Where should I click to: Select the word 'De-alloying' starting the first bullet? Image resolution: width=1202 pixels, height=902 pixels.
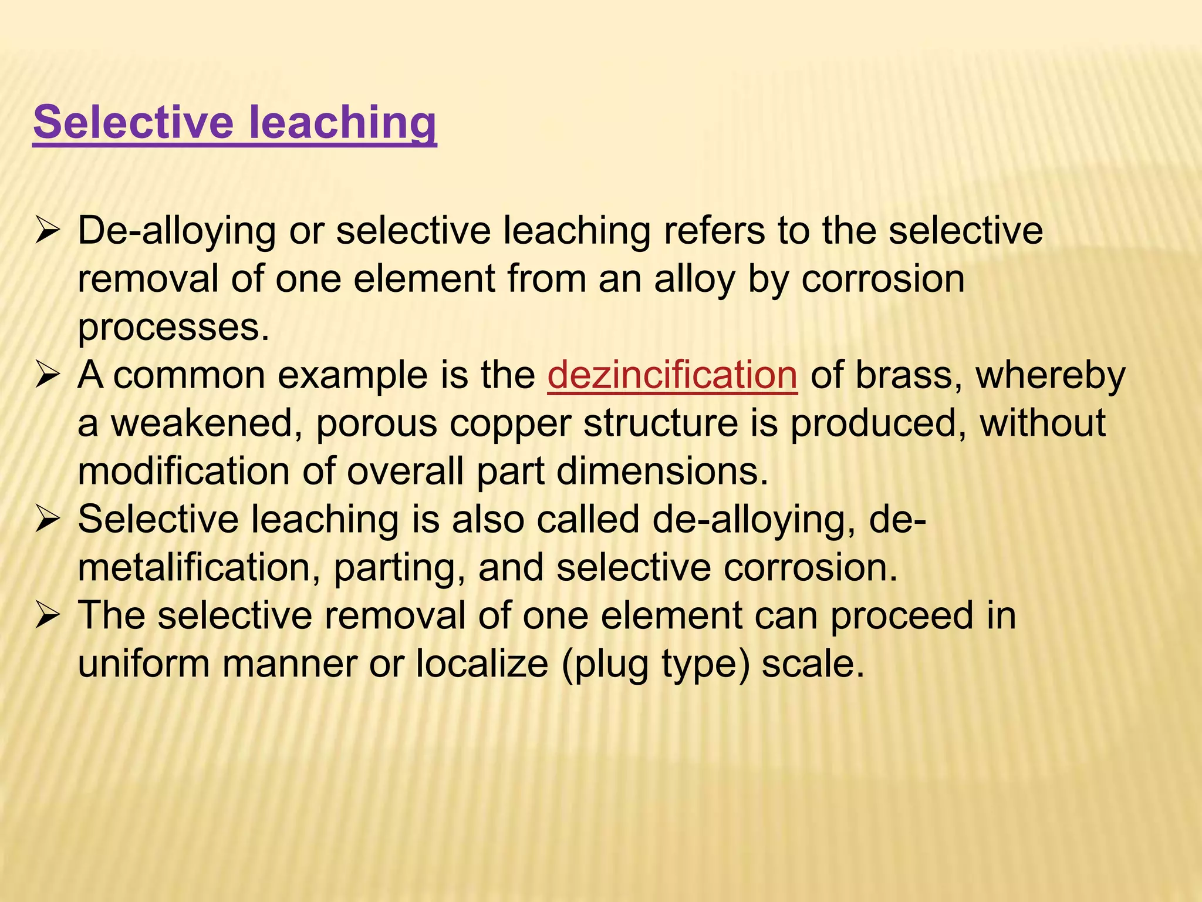click(177, 231)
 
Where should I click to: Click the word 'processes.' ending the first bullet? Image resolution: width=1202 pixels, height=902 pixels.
click(174, 327)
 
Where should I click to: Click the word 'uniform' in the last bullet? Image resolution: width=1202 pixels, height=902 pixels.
click(144, 664)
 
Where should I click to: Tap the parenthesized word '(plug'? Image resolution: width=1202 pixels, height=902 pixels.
click(605, 664)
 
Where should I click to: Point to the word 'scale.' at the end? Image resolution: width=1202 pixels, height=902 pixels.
click(813, 664)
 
